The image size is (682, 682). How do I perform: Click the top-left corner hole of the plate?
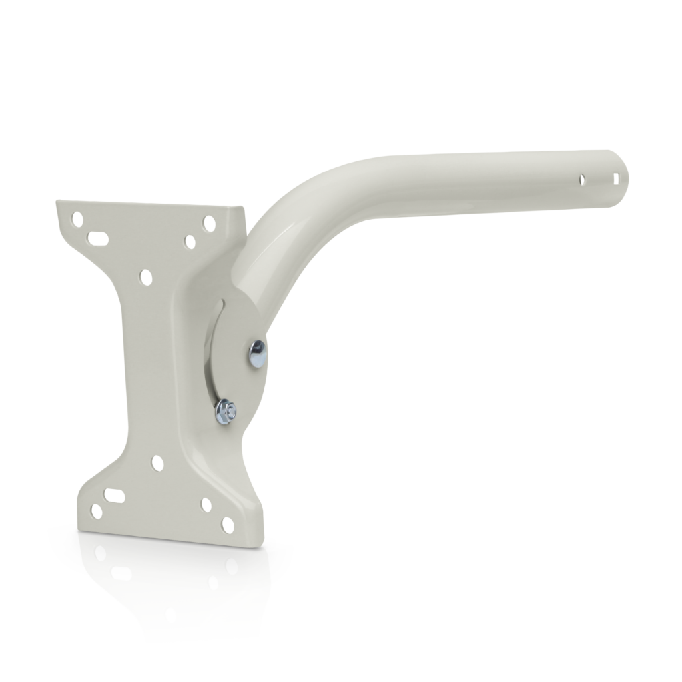click(x=79, y=218)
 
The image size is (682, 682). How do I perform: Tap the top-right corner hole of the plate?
click(x=210, y=221)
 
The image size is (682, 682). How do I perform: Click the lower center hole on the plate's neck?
click(x=157, y=461)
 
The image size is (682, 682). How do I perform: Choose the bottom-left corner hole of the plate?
click(x=96, y=511)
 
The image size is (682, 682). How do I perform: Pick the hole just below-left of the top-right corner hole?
click(x=190, y=241)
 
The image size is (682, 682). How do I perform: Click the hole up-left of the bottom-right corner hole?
click(x=206, y=504)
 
